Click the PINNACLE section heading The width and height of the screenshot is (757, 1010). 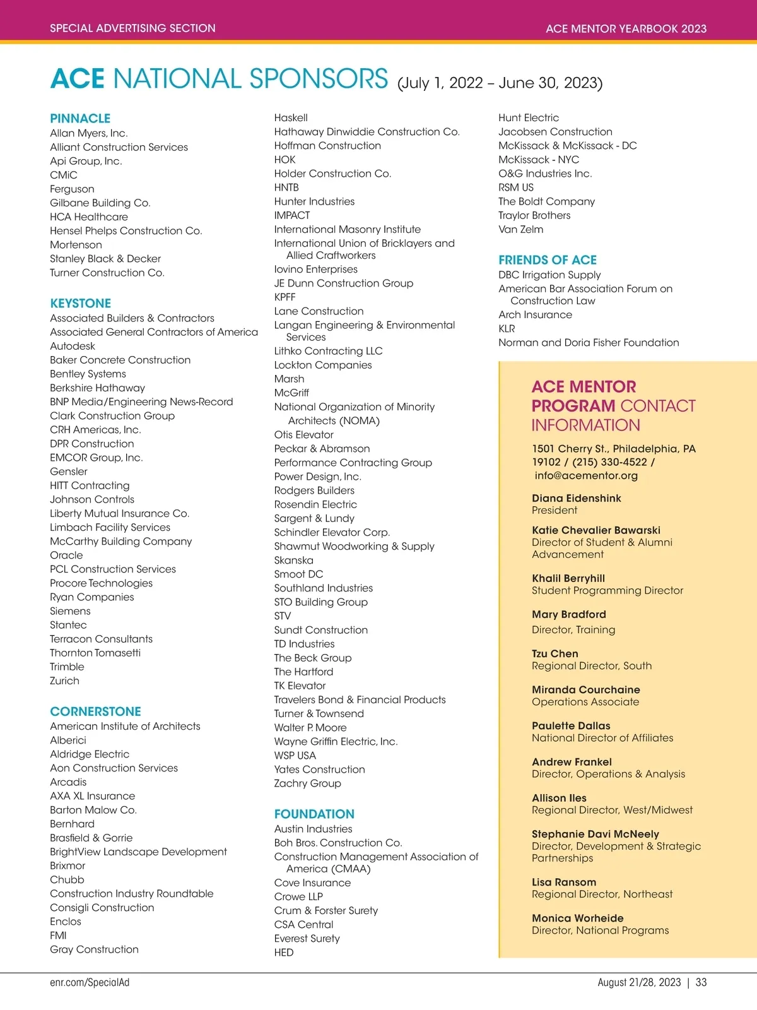tap(80, 119)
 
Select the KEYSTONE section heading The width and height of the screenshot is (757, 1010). tap(80, 304)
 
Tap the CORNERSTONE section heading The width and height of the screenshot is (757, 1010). tap(95, 711)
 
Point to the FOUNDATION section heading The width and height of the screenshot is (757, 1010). tap(314, 814)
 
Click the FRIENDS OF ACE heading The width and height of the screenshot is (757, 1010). tap(547, 260)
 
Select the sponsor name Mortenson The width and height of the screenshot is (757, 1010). tap(76, 245)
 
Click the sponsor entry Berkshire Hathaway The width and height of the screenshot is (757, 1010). tap(97, 388)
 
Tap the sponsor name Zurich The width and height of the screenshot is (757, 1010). tap(64, 681)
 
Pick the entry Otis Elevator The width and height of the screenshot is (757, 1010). tap(303, 435)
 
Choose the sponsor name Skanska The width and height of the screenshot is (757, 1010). tap(293, 561)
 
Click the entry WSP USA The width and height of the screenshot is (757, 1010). tap(295, 756)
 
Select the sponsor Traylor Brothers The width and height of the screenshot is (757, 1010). tap(534, 216)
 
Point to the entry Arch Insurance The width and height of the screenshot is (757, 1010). tap(535, 315)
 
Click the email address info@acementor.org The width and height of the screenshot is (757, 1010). tap(586, 476)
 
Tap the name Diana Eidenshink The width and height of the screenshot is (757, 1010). tap(576, 498)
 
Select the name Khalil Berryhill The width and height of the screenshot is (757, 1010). tap(568, 578)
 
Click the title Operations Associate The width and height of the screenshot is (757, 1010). tap(585, 702)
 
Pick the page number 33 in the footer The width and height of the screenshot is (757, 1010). tap(701, 982)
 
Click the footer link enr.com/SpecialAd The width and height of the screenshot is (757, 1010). tap(90, 982)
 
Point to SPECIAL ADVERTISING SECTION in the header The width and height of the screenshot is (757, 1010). tap(132, 28)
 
